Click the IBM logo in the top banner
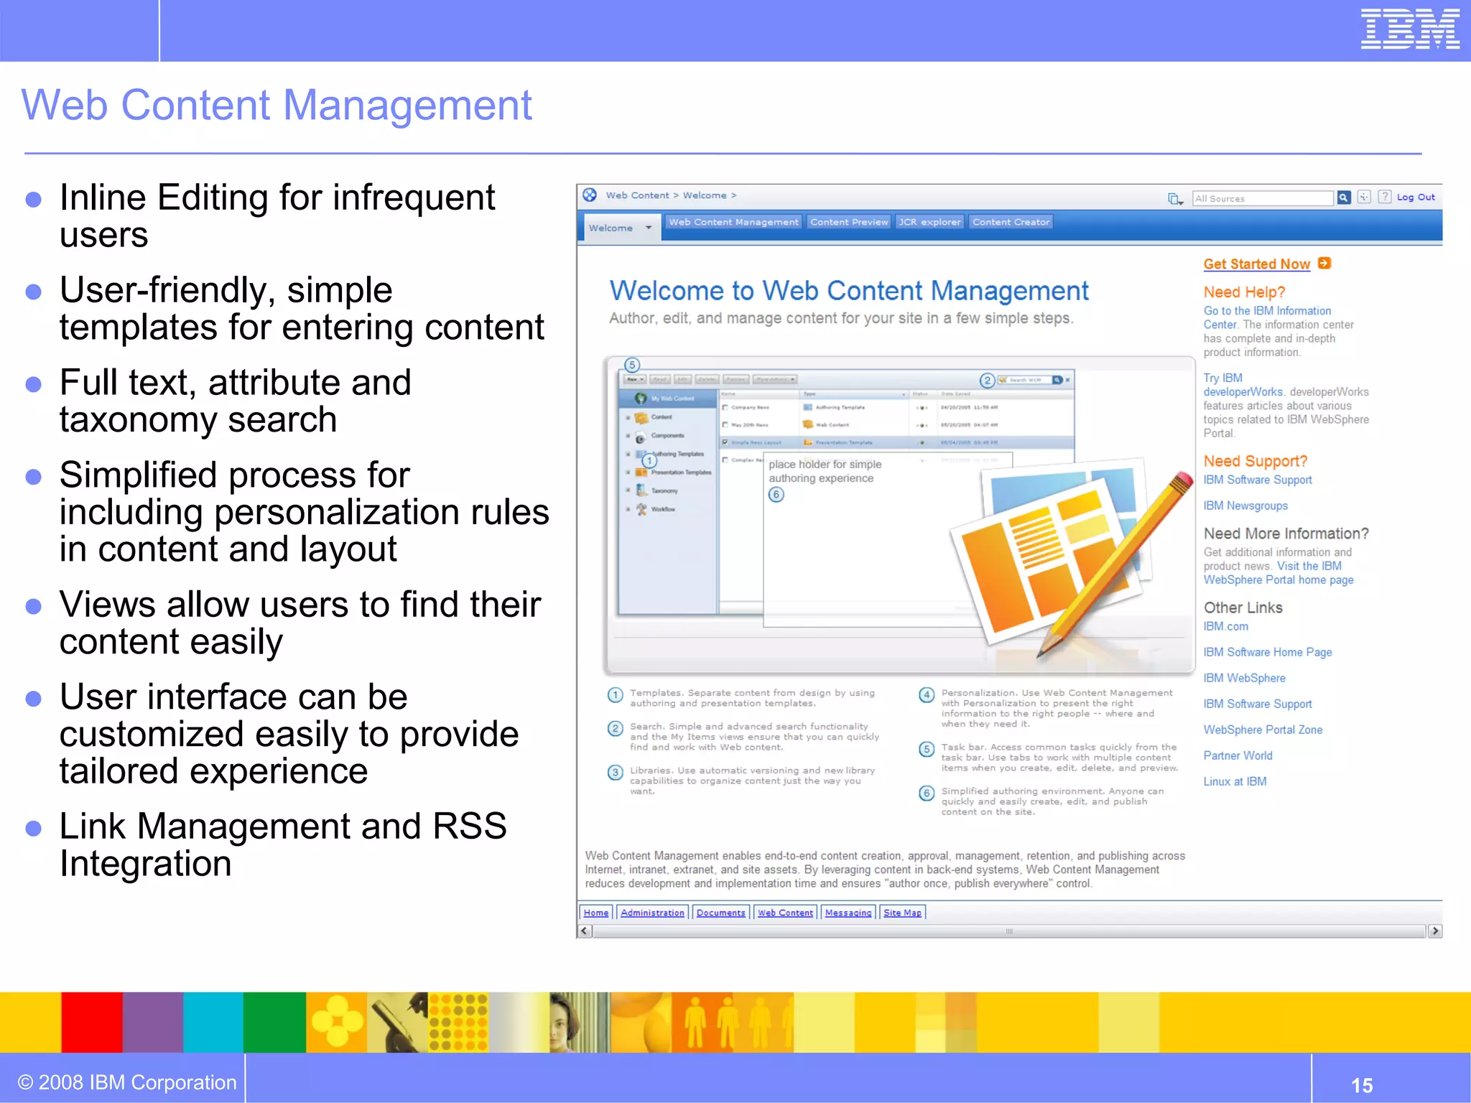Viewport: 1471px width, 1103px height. pos(1409,29)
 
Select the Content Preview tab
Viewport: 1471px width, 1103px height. pos(849,222)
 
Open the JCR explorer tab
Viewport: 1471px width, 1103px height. pos(929,222)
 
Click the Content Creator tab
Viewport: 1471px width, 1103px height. pos(1011,222)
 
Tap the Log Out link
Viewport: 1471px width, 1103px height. pos(1416,197)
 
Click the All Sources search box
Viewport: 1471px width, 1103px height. pos(1262,198)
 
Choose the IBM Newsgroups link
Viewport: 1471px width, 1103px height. pos(1245,506)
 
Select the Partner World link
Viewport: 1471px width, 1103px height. pos(1238,755)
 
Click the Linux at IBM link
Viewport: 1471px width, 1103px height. pos(1235,781)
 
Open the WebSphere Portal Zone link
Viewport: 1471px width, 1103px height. pos(1263,730)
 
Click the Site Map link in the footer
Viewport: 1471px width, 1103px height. pos(902,913)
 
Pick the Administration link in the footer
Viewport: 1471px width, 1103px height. pos(652,913)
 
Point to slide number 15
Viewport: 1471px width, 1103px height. pos(1361,1084)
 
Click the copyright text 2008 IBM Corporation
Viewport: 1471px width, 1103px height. pos(127,1082)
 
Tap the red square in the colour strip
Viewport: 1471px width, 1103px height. pos(91,1022)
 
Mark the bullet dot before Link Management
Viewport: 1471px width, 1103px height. pos(33,828)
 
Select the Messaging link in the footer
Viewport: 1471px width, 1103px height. pos(848,913)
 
